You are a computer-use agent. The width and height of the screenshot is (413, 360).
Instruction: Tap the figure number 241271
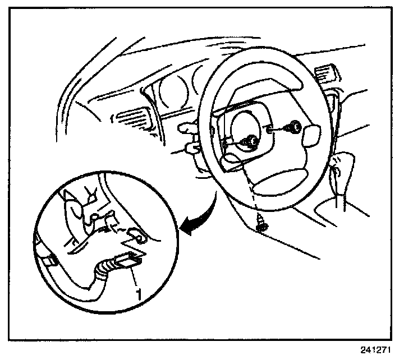(374, 349)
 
